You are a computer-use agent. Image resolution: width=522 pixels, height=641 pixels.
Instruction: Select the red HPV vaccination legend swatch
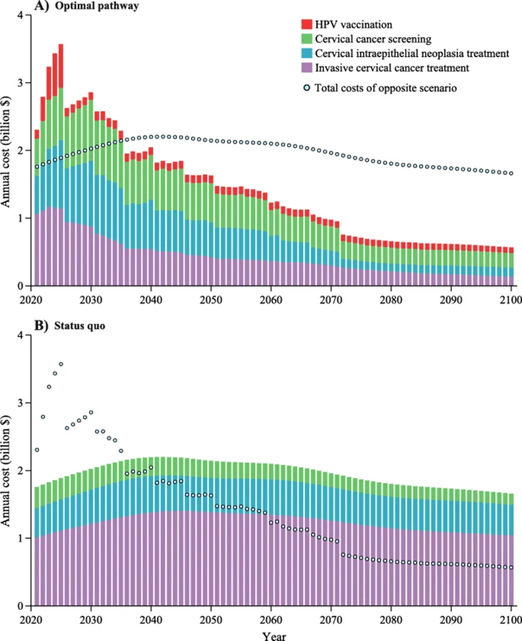click(308, 22)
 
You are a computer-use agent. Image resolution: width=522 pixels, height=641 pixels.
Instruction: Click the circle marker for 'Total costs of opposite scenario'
click(308, 88)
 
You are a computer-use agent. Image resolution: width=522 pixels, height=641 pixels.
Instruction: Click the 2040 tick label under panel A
click(151, 299)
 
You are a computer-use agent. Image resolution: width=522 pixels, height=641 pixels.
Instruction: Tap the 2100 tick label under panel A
click(508, 299)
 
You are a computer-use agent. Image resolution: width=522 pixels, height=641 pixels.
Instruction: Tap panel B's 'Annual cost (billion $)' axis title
click(8, 471)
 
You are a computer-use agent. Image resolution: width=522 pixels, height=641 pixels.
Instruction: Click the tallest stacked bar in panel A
click(60, 164)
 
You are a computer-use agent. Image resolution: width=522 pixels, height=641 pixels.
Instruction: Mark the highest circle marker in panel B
click(60, 364)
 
